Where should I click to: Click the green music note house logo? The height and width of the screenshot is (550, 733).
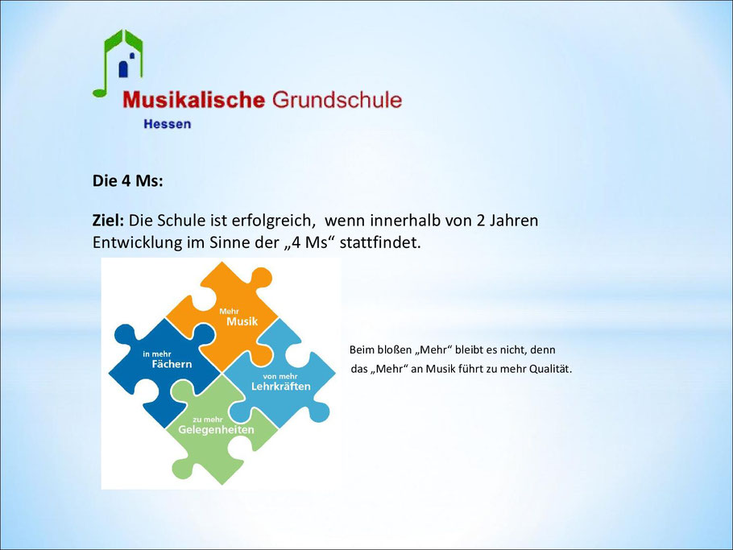click(x=118, y=63)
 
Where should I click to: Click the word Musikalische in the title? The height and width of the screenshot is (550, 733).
click(x=193, y=100)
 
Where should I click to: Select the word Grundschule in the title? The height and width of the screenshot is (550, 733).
click(x=337, y=100)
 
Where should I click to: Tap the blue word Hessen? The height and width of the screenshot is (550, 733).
click(x=168, y=124)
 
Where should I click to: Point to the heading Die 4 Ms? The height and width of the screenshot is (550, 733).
click(x=127, y=181)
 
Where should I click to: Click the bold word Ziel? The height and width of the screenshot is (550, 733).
click(x=108, y=220)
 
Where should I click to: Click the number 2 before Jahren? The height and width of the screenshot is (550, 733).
click(x=481, y=221)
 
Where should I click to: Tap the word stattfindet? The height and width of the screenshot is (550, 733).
click(x=380, y=243)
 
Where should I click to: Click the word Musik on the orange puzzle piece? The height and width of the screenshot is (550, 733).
click(x=242, y=321)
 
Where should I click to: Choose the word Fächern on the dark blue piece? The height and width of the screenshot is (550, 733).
click(x=172, y=364)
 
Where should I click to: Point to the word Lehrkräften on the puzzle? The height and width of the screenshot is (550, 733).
click(x=281, y=387)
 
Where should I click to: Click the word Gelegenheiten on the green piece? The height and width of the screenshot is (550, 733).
click(x=216, y=430)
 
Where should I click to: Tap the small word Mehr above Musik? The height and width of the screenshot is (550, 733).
click(x=229, y=311)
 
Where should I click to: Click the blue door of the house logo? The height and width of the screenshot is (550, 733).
click(x=123, y=68)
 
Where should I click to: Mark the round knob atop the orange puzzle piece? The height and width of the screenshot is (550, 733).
click(x=260, y=279)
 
